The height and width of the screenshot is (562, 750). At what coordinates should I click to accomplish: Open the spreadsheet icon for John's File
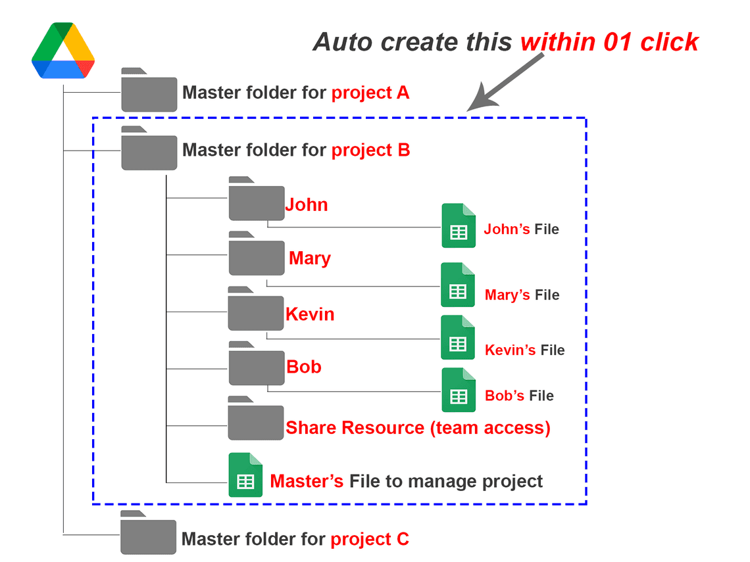coord(458,226)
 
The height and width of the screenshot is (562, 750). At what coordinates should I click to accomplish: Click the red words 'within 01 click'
coord(609,42)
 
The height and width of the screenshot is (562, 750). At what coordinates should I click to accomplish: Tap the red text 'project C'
coord(370,540)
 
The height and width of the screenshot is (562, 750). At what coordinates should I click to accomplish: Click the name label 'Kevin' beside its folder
coord(310,314)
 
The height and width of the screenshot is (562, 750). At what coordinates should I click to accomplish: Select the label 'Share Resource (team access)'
coord(418,428)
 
